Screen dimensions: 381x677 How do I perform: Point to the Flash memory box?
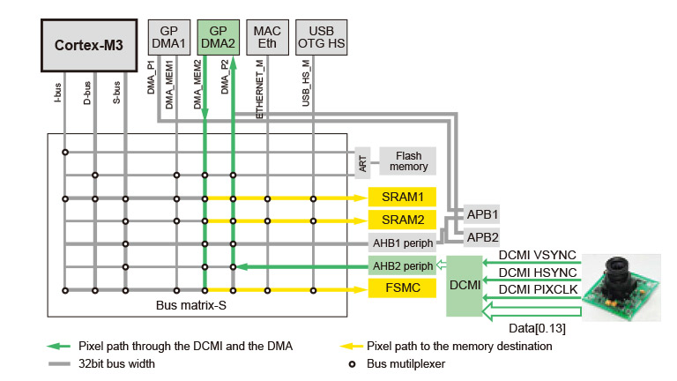pyautogui.click(x=408, y=160)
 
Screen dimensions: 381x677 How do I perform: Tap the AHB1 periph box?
pyautogui.click(x=403, y=243)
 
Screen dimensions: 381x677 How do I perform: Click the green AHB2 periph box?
pyautogui.click(x=403, y=265)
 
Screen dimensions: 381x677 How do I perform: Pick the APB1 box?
pyautogui.click(x=482, y=214)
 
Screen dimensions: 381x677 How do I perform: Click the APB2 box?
pyautogui.click(x=482, y=237)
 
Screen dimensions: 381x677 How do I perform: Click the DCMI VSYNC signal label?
pyautogui.click(x=538, y=255)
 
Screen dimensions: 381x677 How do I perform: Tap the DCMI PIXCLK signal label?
pyautogui.click(x=538, y=288)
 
